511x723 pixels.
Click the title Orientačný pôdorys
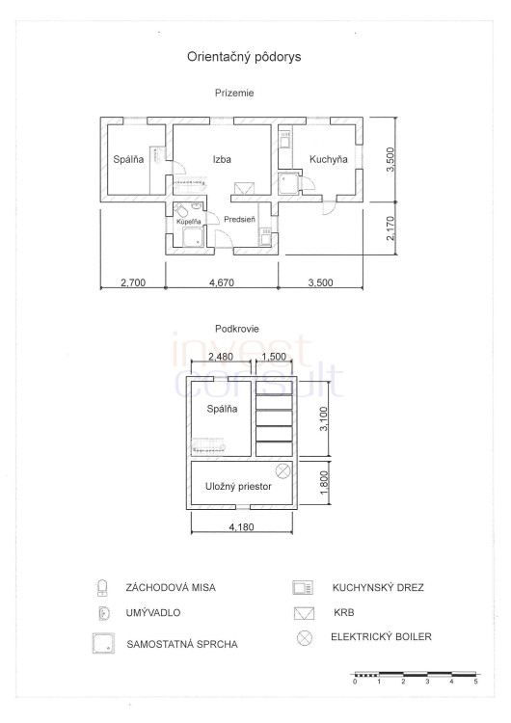tap(244, 57)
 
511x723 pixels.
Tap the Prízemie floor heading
tap(234, 93)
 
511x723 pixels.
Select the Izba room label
tap(222, 159)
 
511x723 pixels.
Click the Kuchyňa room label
tap(329, 159)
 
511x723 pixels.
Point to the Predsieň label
tap(239, 220)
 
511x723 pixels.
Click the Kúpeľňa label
tap(189, 222)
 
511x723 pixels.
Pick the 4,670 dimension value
tap(222, 282)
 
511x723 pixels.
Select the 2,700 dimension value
tap(133, 282)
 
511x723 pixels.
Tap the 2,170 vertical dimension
tap(390, 228)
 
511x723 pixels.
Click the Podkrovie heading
tap(237, 329)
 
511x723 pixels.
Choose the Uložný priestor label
tap(238, 487)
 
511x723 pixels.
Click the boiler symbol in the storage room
tap(282, 470)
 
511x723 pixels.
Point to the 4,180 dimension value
tap(242, 526)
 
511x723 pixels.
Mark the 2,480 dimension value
tap(221, 357)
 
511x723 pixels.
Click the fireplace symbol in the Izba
tap(245, 189)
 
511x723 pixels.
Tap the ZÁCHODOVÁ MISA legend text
tap(171, 588)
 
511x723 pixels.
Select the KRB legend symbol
tap(304, 613)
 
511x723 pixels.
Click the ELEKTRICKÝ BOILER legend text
tap(382, 637)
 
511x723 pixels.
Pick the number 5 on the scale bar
tap(476, 682)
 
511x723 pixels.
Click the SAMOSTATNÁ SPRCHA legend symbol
tap(104, 643)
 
